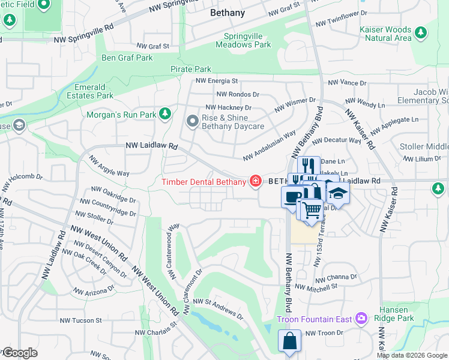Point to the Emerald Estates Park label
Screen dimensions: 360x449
coord(90,91)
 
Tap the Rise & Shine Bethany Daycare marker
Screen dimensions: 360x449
coord(193,122)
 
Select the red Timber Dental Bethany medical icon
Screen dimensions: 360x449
coord(256,181)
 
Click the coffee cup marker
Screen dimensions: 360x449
coord(292,197)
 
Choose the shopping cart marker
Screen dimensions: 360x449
coord(312,211)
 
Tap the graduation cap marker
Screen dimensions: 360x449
coord(339,194)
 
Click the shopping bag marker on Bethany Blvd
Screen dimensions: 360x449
coord(289,341)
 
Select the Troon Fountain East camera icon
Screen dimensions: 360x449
coord(361,318)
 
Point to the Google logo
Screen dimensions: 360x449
coord(19,353)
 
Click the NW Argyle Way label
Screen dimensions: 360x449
coord(109,166)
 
